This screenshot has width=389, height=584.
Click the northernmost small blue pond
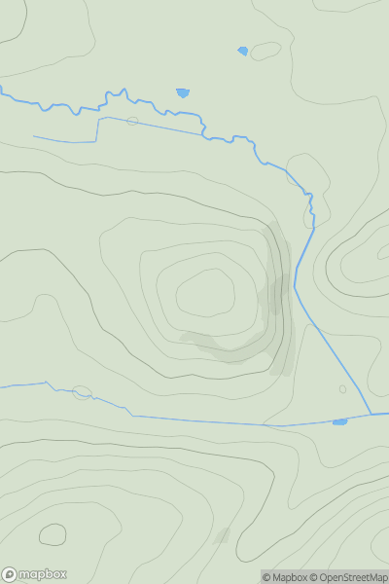point(242,51)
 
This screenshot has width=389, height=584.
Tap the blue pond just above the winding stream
point(182,93)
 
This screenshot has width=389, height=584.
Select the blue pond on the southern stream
point(339,421)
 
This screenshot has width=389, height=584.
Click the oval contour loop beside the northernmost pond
point(265,51)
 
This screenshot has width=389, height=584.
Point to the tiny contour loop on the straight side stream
point(131,121)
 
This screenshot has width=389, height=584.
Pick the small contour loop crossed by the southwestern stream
point(82,392)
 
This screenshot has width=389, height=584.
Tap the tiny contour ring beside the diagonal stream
point(342,389)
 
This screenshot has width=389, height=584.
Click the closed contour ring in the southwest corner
point(53,534)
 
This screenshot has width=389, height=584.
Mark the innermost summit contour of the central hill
point(205,293)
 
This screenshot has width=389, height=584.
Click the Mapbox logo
point(35,574)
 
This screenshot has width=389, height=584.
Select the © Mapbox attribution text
point(284,577)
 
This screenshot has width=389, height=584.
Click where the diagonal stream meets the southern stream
point(371,415)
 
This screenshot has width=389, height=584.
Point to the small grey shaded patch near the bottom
point(222,535)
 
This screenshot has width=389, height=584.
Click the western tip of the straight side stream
point(34,137)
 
